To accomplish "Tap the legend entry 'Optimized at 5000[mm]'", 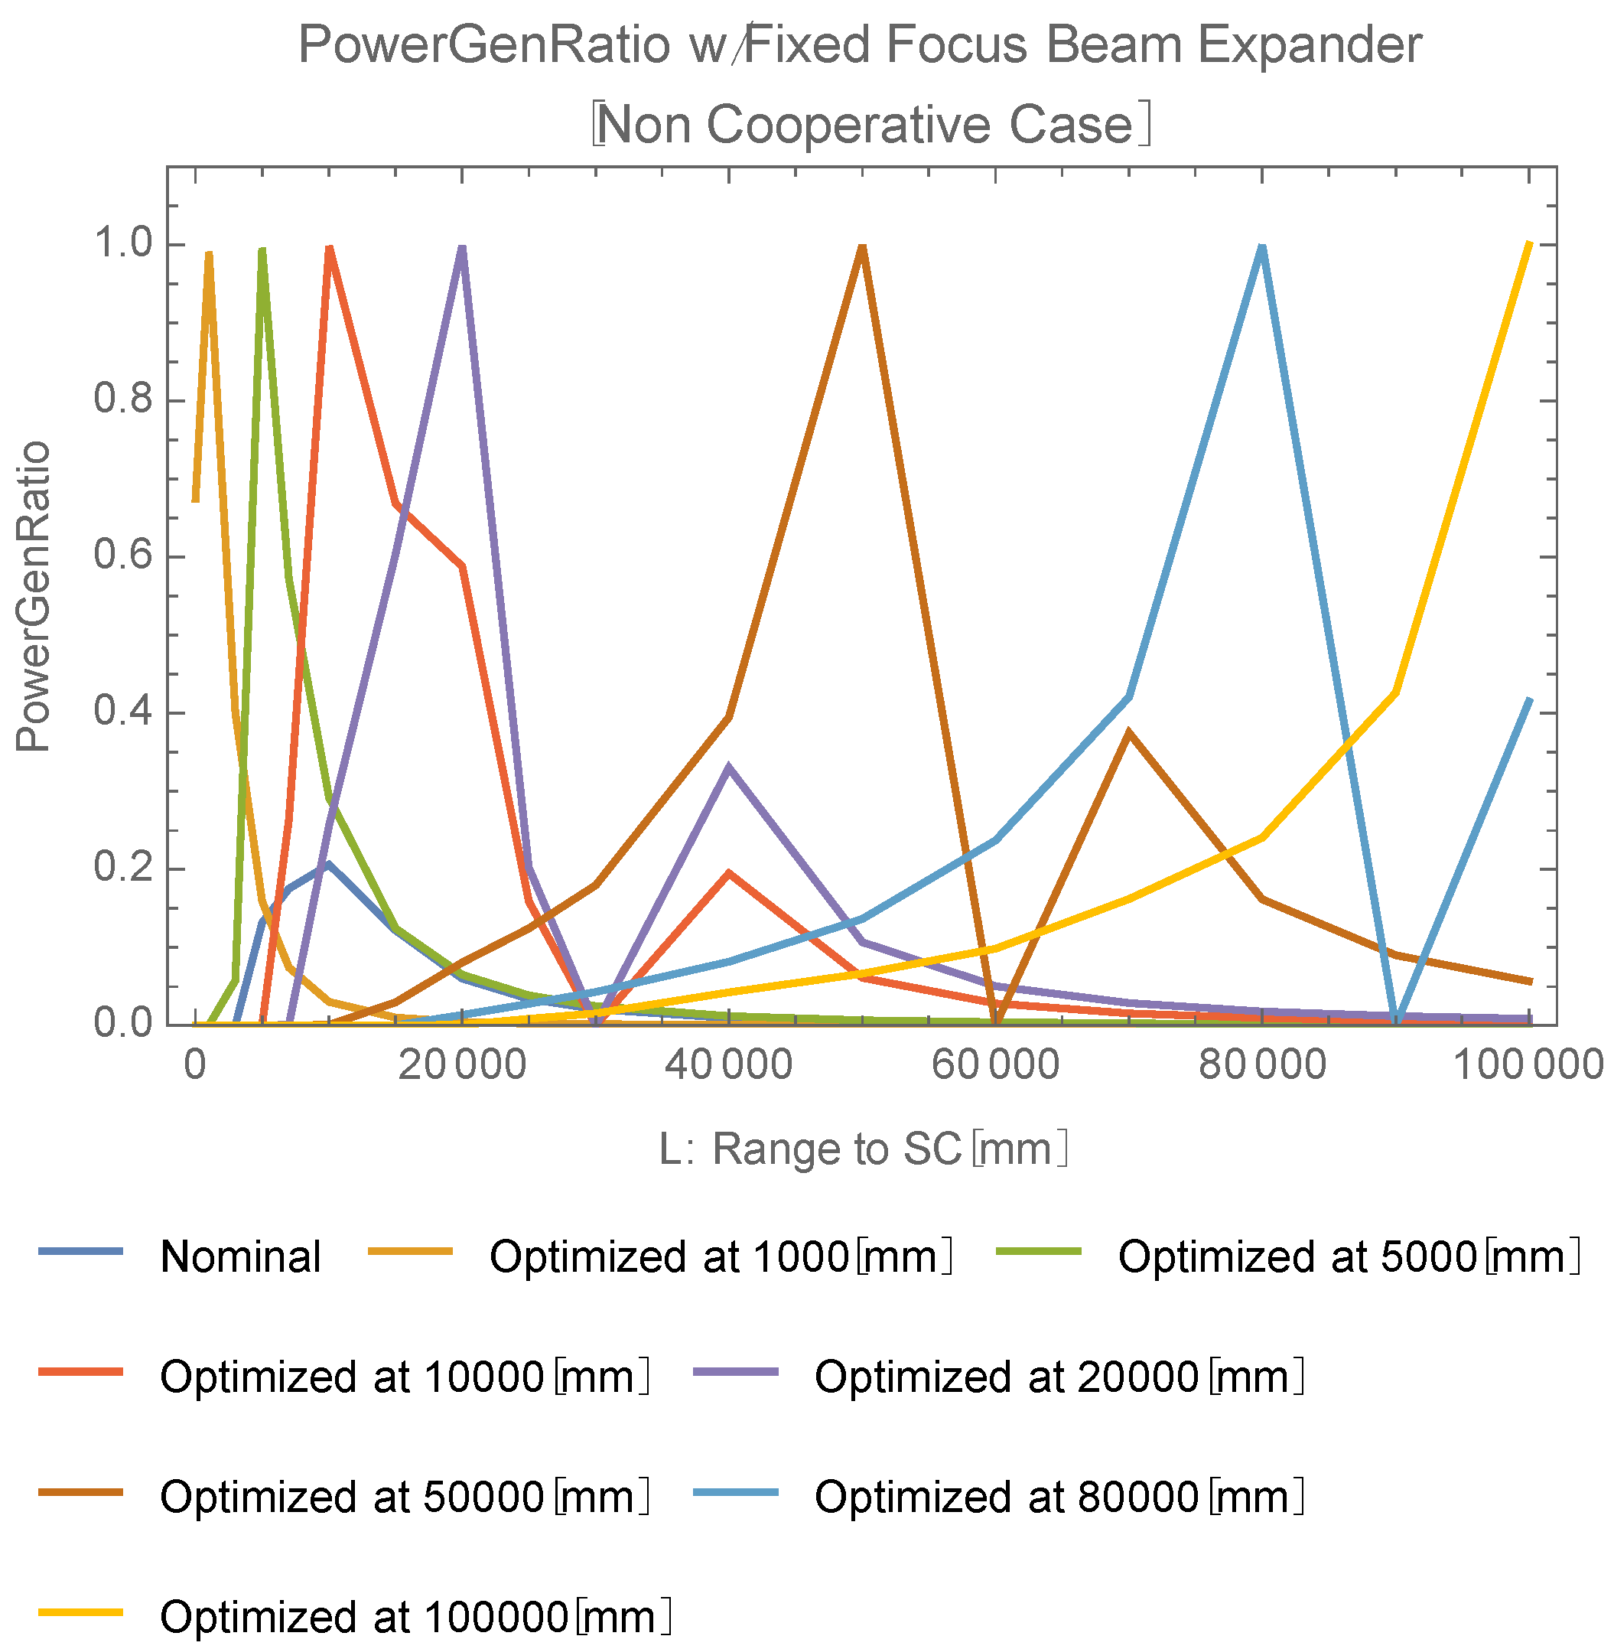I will (x=1348, y=1257).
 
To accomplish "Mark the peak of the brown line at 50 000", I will (x=862, y=246).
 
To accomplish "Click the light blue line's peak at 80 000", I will (x=1262, y=246).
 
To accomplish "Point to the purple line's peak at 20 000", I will (x=462, y=246).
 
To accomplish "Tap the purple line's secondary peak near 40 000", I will (x=728, y=767).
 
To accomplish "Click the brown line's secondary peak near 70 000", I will (x=1128, y=732).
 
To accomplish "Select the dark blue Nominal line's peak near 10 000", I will (x=328, y=864).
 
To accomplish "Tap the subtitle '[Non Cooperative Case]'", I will (x=871, y=125).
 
